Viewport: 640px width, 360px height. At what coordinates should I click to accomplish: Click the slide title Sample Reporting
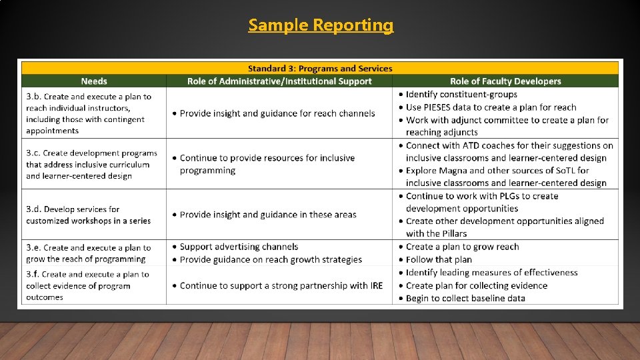(321, 25)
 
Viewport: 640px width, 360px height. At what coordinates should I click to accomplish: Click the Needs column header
(94, 81)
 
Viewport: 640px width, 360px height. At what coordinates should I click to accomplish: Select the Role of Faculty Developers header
(505, 81)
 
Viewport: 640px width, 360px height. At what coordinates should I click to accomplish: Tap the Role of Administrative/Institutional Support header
(279, 81)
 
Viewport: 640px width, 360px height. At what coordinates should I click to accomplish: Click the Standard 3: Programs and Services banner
(320, 68)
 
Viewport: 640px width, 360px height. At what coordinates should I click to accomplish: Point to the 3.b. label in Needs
(34, 97)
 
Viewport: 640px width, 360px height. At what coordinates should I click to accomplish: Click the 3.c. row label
(34, 153)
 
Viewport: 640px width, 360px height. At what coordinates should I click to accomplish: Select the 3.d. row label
(34, 209)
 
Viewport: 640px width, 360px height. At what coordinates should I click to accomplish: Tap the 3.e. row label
(34, 247)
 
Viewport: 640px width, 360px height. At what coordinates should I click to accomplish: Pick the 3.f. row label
(33, 274)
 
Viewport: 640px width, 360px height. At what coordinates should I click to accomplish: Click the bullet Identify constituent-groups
(461, 95)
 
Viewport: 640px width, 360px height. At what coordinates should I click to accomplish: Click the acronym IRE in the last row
(376, 285)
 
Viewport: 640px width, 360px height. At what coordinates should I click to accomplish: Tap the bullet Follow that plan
(438, 259)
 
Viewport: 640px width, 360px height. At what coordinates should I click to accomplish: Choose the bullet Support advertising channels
(239, 247)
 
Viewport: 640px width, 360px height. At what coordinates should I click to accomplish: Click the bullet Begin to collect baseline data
(465, 298)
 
